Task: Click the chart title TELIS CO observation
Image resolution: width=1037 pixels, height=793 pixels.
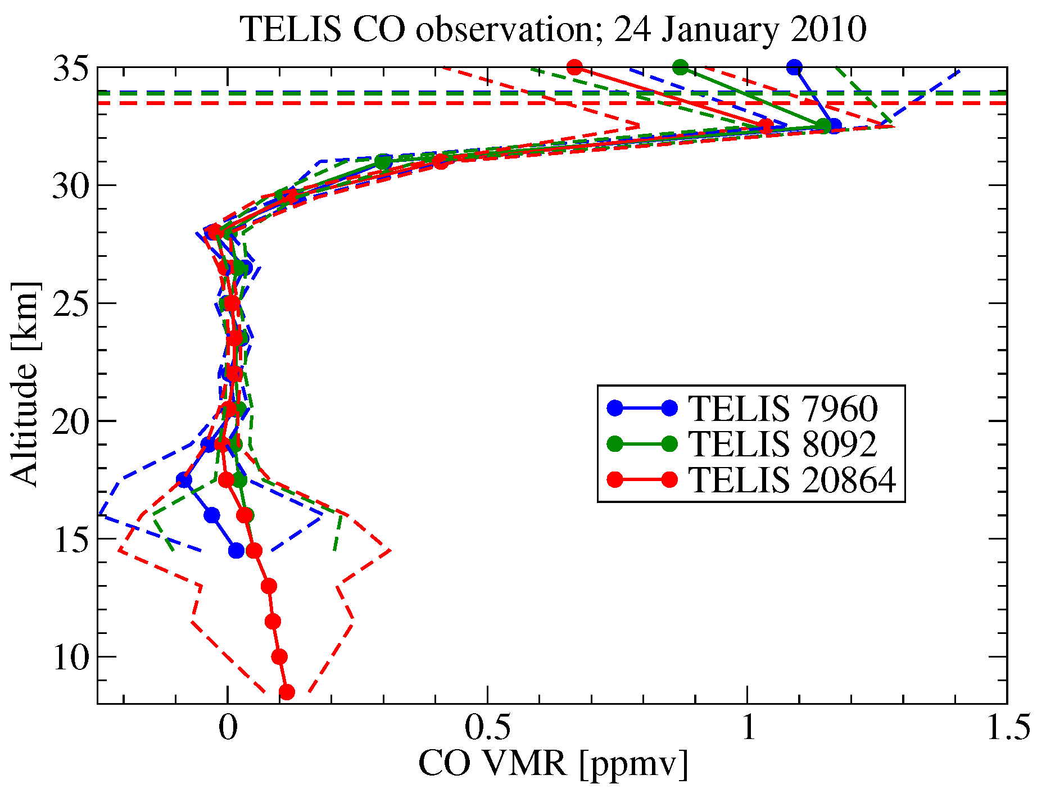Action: (x=553, y=29)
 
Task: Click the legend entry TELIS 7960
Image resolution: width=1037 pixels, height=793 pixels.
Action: (x=782, y=408)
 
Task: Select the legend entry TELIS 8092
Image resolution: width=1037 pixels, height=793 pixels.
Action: (x=782, y=444)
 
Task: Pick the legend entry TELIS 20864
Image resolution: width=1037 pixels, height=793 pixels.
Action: (x=792, y=480)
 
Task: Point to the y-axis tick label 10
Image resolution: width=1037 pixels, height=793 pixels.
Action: (x=71, y=657)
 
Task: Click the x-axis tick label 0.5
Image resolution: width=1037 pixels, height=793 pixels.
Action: (x=487, y=728)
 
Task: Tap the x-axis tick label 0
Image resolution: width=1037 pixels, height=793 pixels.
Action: (x=228, y=728)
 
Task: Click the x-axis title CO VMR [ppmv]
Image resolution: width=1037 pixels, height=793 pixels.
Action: (x=553, y=765)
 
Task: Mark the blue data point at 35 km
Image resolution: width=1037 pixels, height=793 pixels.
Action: (x=794, y=67)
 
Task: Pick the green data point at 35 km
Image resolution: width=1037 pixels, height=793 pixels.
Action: (x=681, y=67)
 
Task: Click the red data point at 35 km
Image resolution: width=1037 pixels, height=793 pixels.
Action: (x=574, y=67)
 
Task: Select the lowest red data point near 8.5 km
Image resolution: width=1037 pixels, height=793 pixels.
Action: (x=287, y=692)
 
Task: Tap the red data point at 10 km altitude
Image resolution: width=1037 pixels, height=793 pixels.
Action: (x=279, y=656)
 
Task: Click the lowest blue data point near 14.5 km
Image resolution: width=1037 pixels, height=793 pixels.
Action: (x=237, y=551)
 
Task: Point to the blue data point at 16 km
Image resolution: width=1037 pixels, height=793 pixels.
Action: (x=212, y=515)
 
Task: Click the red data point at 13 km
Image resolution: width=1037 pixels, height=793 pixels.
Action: (x=269, y=586)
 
